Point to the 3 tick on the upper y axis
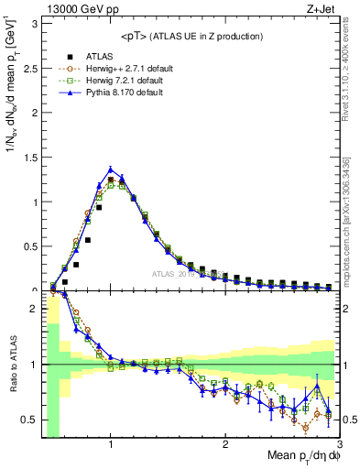[34, 21]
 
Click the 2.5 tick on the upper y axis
[29, 66]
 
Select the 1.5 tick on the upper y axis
[29, 156]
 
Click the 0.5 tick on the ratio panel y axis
[29, 420]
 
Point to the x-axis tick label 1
[111, 445]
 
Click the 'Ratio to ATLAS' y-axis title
[13, 365]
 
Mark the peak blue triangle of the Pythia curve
[111, 169]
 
